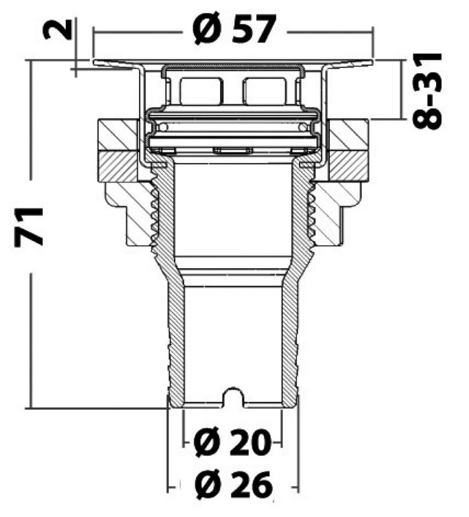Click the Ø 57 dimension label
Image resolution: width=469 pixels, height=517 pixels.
point(234,30)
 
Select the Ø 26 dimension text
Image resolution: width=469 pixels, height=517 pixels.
point(234,485)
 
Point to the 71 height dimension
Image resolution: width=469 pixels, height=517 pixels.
point(29,227)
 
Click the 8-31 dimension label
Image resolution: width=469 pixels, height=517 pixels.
point(427,90)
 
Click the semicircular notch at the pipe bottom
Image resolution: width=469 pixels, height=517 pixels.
point(233,396)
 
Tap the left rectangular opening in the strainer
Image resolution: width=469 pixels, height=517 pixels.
point(201,90)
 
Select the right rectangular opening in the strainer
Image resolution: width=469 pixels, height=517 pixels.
point(264,90)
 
